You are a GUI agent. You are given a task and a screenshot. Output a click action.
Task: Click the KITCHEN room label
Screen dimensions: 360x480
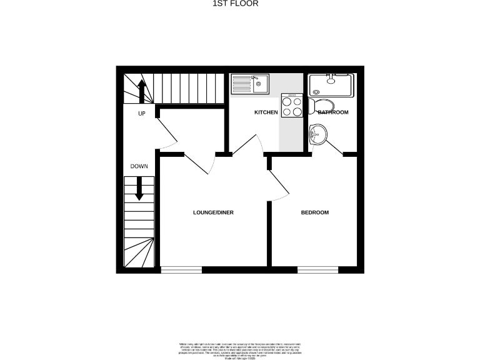pos(266,112)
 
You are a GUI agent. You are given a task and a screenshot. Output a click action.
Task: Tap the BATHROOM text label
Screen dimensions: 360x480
pos(333,112)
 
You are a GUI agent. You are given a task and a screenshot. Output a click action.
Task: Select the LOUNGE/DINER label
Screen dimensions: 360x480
pos(213,212)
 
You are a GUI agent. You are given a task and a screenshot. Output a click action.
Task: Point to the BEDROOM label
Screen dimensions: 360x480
pos(315,212)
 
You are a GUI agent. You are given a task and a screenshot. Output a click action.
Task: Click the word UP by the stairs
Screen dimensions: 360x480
pos(142,114)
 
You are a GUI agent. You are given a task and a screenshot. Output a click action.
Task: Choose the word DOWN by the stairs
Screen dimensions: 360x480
pos(139,166)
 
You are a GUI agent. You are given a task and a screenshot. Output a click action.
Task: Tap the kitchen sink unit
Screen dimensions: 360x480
pos(249,84)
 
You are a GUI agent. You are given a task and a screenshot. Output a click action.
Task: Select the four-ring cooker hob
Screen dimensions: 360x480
pos(292,106)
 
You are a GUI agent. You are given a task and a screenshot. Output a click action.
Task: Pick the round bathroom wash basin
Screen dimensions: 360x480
pos(317,134)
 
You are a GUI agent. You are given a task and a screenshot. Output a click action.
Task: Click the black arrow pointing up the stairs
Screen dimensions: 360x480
pos(142,91)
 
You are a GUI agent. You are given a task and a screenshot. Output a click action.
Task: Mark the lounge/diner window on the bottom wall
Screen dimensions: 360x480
pos(181,270)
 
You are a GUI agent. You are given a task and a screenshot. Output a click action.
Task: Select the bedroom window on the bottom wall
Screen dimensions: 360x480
pos(317,270)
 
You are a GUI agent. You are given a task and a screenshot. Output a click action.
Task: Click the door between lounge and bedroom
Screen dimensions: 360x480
pos(278,185)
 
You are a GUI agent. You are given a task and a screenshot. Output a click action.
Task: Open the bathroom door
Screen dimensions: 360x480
pos(334,146)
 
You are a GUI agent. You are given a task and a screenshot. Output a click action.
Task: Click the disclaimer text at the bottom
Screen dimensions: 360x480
pos(240,349)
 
